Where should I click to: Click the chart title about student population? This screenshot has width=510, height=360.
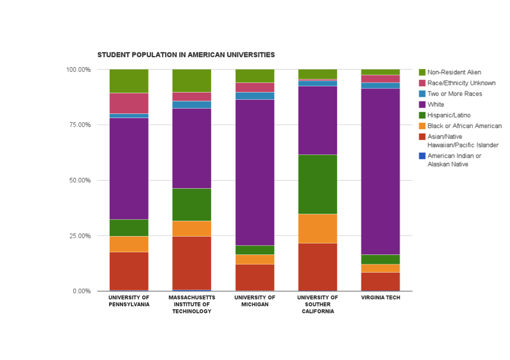(x=186, y=55)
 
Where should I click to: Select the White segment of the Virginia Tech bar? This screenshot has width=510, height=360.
(x=380, y=171)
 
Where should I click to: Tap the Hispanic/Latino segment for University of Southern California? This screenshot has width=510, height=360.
(x=317, y=184)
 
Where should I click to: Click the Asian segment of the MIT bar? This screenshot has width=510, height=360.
(x=192, y=263)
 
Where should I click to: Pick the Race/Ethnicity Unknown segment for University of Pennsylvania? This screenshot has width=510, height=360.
(x=129, y=103)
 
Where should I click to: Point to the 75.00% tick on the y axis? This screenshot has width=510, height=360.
(x=78, y=125)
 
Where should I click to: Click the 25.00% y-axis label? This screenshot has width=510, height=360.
(x=78, y=236)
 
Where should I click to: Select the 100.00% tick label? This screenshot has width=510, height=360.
(x=77, y=70)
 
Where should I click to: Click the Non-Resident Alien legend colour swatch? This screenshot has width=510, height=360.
(x=422, y=73)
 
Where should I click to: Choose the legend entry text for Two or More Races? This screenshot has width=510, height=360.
(x=455, y=94)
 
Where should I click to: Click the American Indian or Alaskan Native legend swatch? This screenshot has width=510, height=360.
(x=422, y=156)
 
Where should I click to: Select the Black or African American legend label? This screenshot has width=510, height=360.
(x=464, y=126)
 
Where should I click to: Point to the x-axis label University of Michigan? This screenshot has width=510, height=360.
(x=255, y=301)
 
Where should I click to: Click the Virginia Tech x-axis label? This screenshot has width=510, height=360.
(x=380, y=297)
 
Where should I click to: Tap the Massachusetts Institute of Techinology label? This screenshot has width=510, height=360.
(x=192, y=305)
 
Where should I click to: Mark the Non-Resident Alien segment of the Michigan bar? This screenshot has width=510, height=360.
(x=255, y=76)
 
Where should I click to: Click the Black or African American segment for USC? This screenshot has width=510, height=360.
(x=317, y=228)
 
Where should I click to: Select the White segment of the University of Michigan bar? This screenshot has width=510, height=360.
(x=255, y=172)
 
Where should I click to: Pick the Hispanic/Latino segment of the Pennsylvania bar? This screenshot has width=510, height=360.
(x=129, y=228)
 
